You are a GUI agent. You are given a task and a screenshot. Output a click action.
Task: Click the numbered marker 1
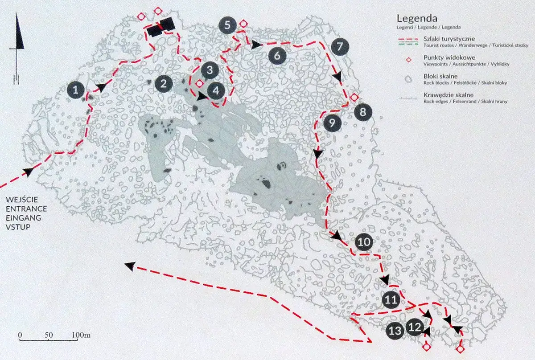pyautogui.click(x=76, y=90)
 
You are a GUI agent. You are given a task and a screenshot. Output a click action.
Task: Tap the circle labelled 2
pyautogui.click(x=164, y=83)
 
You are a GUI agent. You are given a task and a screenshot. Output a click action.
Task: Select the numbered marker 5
pyautogui.click(x=228, y=25)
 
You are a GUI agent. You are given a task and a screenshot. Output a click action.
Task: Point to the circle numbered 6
pyautogui.click(x=277, y=56)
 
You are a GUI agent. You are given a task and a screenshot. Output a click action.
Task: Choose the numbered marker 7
pyautogui.click(x=340, y=46)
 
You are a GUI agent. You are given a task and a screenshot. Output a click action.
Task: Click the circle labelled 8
pyautogui.click(x=363, y=112)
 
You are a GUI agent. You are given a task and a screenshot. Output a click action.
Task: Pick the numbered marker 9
pyautogui.click(x=332, y=123)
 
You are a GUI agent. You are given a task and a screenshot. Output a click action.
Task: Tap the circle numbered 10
pyautogui.click(x=364, y=242)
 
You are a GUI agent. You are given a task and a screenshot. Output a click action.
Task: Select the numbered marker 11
pyautogui.click(x=391, y=299)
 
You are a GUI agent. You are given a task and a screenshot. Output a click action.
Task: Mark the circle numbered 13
pyautogui.click(x=395, y=331)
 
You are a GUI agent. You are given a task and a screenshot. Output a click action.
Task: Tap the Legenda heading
pyautogui.click(x=416, y=19)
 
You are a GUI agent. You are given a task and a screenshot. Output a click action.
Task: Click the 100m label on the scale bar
pyautogui.click(x=81, y=334)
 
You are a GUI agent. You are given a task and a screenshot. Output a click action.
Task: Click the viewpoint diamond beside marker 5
pyautogui.click(x=243, y=24)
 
